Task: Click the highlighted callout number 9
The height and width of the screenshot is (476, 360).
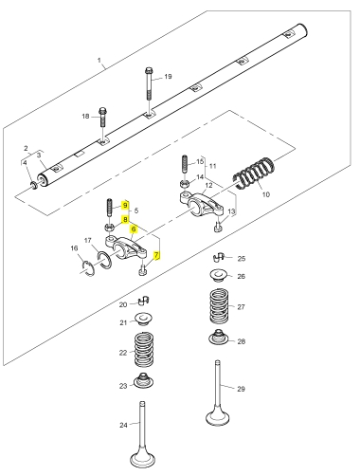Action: coord(125,206)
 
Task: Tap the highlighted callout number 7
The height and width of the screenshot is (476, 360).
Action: coord(156,255)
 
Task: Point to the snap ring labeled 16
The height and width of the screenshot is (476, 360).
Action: coord(86,267)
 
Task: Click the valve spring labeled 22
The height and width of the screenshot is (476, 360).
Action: coord(144,349)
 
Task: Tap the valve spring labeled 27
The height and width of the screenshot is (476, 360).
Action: coord(219,305)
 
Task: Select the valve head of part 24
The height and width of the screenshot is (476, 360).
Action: coord(142,460)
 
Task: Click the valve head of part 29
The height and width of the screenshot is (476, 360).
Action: coord(218,417)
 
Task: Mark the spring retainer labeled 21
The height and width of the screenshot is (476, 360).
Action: coord(144,319)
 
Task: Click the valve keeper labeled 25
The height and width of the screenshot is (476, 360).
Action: coord(219,257)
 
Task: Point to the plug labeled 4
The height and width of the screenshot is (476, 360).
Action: coord(33,185)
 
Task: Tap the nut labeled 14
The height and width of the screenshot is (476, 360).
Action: coord(184,184)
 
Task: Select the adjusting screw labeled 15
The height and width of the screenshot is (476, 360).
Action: coord(185,163)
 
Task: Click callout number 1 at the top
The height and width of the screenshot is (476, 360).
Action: coord(99,60)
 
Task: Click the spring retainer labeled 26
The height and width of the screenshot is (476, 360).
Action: coord(219,275)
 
